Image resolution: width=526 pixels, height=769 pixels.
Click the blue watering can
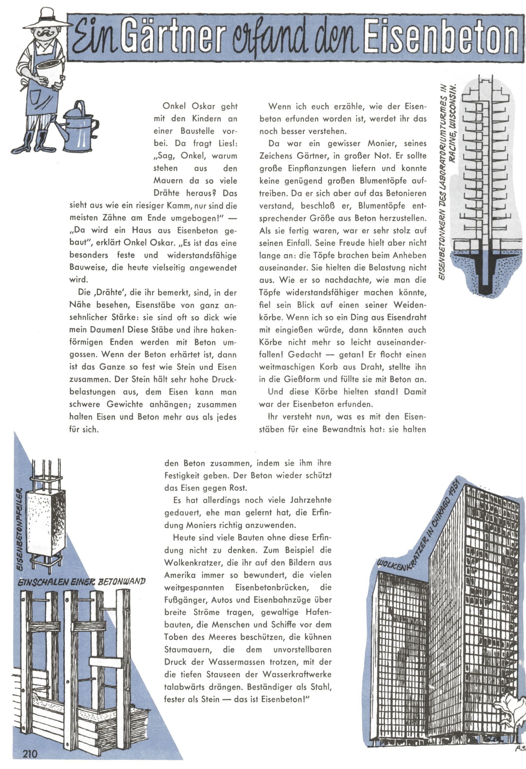[x=79, y=127]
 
